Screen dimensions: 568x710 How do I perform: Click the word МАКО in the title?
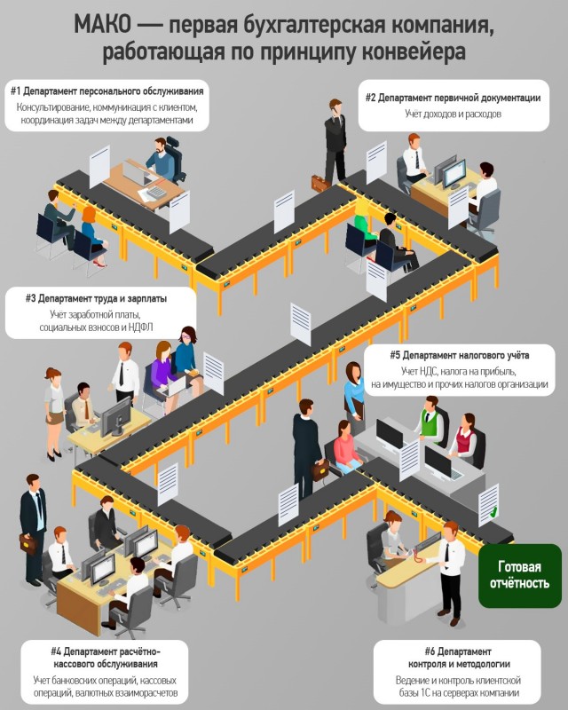coord(102,25)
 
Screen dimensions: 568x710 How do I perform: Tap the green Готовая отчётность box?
coord(519,575)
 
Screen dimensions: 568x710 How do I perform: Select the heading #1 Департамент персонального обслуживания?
coord(106,91)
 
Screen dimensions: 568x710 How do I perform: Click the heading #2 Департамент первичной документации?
coord(453,98)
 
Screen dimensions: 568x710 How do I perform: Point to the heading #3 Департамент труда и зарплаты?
coord(96,298)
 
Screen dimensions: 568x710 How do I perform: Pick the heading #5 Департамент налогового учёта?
coord(460,355)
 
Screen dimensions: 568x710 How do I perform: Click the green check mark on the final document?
coord(493,512)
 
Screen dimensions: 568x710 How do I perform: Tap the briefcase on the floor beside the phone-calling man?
coord(320,183)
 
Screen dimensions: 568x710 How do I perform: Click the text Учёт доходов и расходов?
coord(453,114)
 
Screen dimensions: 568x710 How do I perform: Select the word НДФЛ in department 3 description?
coord(140,327)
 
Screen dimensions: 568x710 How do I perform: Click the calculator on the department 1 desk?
coord(157,192)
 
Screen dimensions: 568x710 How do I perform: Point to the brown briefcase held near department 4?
coord(28,544)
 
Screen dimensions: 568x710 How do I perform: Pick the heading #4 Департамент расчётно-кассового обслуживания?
coord(106,658)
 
